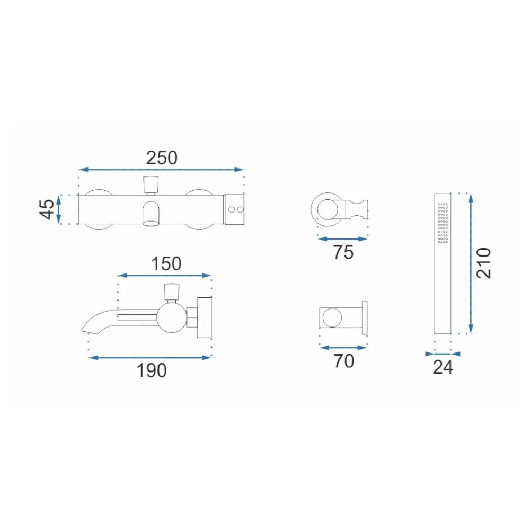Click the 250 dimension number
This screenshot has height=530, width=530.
tap(162, 158)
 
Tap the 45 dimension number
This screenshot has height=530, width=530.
tap(47, 209)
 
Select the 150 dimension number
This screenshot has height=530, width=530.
tap(166, 263)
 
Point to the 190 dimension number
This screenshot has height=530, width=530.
tap(152, 370)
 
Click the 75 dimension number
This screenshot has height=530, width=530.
tap(343, 252)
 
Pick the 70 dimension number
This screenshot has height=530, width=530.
tap(344, 361)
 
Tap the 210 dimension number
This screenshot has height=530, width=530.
tap(484, 263)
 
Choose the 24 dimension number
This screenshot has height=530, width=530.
tap(443, 367)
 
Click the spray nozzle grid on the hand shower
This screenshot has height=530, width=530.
tap(443, 223)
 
